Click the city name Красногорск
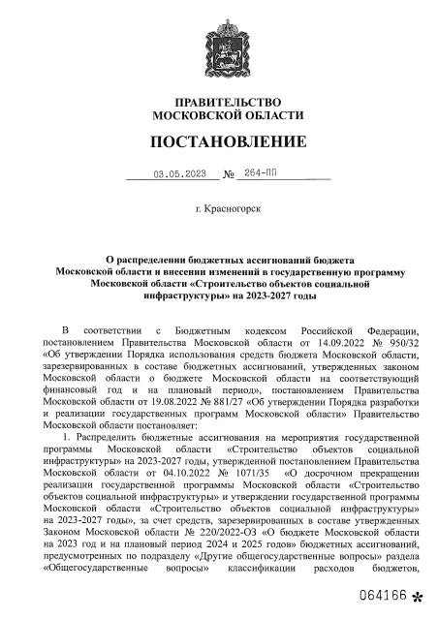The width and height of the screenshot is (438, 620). [233, 208]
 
